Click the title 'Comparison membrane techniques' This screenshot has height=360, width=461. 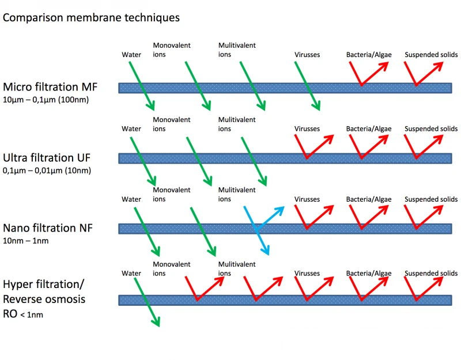click(x=91, y=18)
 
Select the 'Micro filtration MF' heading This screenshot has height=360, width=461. click(x=50, y=87)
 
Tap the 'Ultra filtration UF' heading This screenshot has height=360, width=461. click(x=47, y=158)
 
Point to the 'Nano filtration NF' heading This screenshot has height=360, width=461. click(x=48, y=228)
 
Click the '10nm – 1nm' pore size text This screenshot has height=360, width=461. click(x=25, y=241)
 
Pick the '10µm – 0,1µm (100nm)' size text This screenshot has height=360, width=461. click(x=46, y=100)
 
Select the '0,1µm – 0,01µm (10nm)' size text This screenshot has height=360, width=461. click(x=47, y=170)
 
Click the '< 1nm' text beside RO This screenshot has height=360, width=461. click(x=32, y=314)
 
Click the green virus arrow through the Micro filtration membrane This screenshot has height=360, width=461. click(x=307, y=86)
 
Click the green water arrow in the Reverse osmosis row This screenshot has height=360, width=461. click(x=147, y=302)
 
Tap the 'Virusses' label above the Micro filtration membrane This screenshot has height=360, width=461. click(x=307, y=55)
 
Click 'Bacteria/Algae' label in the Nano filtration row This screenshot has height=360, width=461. click(x=369, y=199)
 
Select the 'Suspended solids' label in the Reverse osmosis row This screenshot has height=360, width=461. click(x=431, y=273)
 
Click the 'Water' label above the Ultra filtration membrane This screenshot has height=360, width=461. click(x=131, y=128)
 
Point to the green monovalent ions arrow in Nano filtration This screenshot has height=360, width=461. click(x=203, y=232)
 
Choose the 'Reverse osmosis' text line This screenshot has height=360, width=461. click(x=44, y=299)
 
